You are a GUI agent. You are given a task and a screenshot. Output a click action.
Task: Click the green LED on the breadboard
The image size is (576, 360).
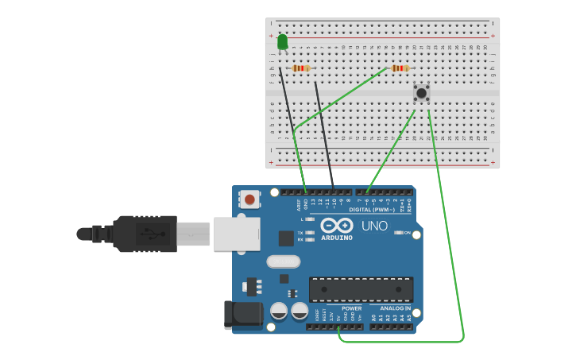click(x=282, y=41)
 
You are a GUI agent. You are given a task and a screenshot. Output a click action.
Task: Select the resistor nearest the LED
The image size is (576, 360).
click(x=300, y=68)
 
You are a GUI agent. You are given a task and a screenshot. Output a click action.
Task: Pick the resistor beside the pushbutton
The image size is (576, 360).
click(x=399, y=68)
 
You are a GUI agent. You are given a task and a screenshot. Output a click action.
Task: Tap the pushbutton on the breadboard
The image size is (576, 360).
click(x=421, y=93)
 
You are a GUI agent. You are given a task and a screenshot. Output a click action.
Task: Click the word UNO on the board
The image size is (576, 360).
click(x=374, y=226)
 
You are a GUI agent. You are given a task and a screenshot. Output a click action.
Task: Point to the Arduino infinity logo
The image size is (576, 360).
click(x=337, y=226)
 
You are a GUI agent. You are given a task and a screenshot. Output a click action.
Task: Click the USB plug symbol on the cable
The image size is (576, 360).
click(x=148, y=234)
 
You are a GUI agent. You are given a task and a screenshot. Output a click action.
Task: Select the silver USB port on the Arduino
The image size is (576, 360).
click(x=237, y=234)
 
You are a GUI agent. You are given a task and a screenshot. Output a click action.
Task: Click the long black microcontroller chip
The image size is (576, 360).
click(x=361, y=289)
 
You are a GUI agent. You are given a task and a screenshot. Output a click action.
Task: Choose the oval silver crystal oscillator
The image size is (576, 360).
click(x=284, y=261)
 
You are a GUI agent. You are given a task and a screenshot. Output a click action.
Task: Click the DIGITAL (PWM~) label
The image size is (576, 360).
click(x=372, y=210)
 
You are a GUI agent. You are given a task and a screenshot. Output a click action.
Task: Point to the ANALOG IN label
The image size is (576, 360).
click(x=395, y=308)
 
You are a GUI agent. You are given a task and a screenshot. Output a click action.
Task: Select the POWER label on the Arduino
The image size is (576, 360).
click(x=351, y=308)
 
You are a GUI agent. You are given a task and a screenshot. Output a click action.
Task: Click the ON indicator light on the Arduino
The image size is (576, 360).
click(x=398, y=233)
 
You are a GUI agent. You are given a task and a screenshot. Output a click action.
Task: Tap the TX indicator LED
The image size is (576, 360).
click(x=309, y=232)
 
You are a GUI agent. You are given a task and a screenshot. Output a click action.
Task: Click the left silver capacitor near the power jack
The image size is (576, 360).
click(x=279, y=311)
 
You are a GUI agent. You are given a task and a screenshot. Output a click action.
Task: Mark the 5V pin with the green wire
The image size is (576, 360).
click(x=339, y=327)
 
